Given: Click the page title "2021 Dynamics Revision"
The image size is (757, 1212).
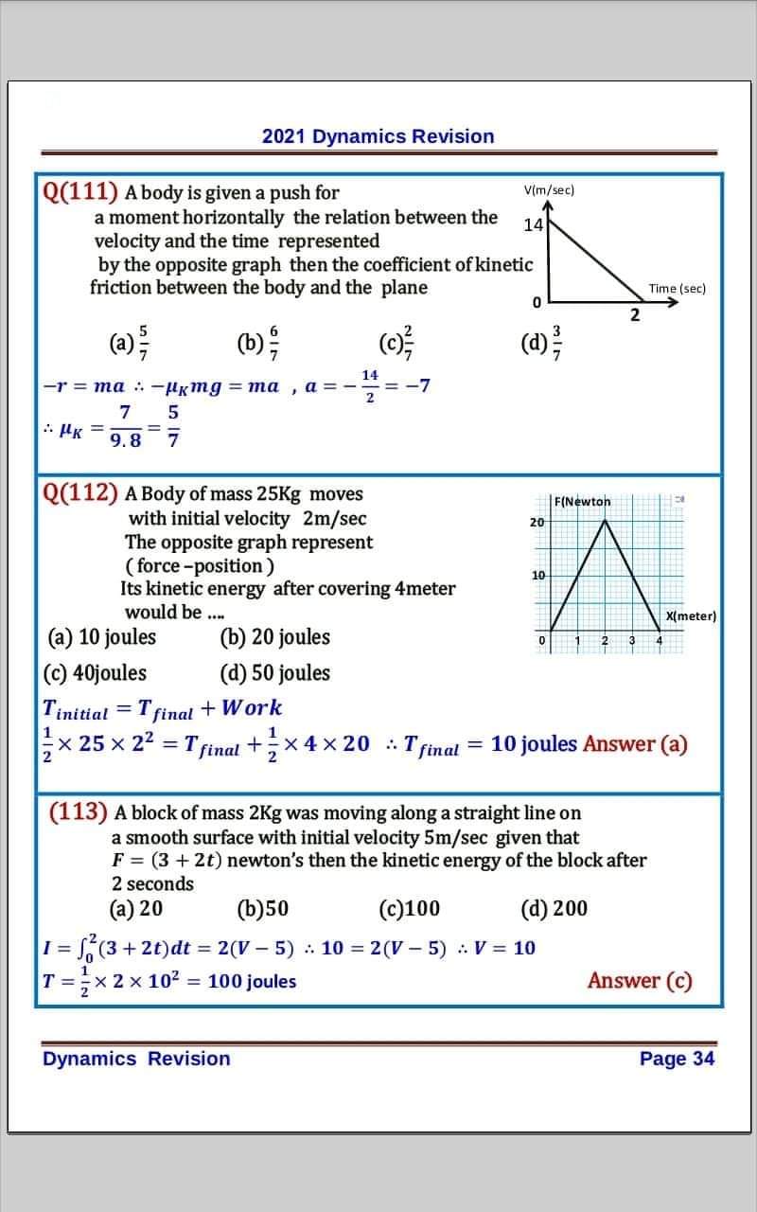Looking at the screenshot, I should pyautogui.click(x=378, y=136).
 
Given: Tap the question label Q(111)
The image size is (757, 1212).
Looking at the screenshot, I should pyautogui.click(x=79, y=192).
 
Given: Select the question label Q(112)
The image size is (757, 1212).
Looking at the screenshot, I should pyautogui.click(x=80, y=493).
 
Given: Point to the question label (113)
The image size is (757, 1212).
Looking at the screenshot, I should pyautogui.click(x=78, y=812).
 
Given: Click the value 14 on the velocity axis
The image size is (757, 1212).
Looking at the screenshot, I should pyautogui.click(x=533, y=225).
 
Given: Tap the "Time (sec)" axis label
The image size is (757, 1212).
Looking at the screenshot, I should pyautogui.click(x=677, y=289).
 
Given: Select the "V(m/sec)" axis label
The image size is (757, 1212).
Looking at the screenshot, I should pyautogui.click(x=549, y=190).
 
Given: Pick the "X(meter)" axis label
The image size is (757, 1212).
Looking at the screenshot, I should pyautogui.click(x=691, y=616).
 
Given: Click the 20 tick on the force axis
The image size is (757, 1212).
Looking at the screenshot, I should pyautogui.click(x=537, y=523).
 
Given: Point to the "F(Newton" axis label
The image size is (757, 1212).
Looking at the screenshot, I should pyautogui.click(x=582, y=501).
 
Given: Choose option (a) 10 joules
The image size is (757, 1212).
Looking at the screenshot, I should pyautogui.click(x=101, y=637).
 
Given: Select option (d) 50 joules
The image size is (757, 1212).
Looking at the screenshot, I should pyautogui.click(x=274, y=673).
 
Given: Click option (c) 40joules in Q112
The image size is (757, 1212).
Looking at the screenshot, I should pyautogui.click(x=96, y=673).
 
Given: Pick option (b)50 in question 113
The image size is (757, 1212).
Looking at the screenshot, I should pyautogui.click(x=262, y=910).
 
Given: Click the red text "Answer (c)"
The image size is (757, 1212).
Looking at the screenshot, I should pyautogui.click(x=640, y=981).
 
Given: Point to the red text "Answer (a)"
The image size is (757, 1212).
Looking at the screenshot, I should pyautogui.click(x=635, y=744).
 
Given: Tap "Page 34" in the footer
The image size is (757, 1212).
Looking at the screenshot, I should pyautogui.click(x=677, y=1059).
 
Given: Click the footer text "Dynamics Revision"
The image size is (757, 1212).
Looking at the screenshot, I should pyautogui.click(x=136, y=1059).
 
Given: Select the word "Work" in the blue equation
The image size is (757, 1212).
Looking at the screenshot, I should pyautogui.click(x=250, y=708).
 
